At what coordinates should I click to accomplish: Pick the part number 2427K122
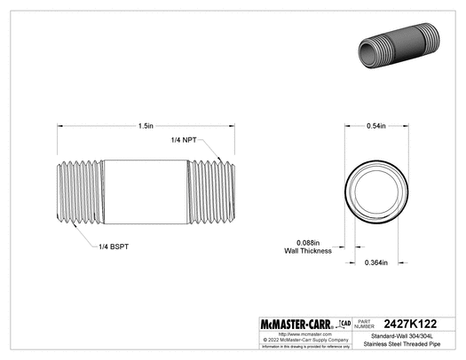pyautogui.click(x=417, y=325)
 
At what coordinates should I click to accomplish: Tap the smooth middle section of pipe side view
pyautogui.click(x=145, y=189)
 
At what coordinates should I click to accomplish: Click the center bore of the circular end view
pyautogui.click(x=376, y=189)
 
